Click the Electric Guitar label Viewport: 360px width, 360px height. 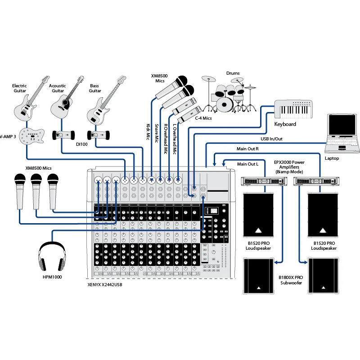[x=19, y=88]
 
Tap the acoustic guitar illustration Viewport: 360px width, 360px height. [x=64, y=100]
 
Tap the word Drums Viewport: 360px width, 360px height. [x=233, y=73]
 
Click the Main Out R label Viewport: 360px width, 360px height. [x=247, y=148]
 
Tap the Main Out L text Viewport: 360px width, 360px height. [x=247, y=164]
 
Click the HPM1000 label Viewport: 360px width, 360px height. [x=52, y=277]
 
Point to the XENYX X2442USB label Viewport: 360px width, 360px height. [x=105, y=285]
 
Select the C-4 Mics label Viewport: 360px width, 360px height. [x=203, y=118]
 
